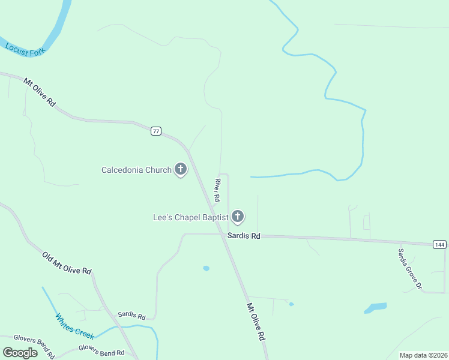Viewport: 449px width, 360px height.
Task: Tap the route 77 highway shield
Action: [156, 131]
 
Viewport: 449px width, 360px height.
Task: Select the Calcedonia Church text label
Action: [136, 170]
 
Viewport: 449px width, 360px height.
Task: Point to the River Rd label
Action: [217, 189]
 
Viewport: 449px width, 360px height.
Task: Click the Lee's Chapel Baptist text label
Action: [191, 217]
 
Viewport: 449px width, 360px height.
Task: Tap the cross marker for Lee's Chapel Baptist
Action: [238, 217]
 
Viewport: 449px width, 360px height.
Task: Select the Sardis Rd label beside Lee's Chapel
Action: [244, 236]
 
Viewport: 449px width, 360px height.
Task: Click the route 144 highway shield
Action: [439, 244]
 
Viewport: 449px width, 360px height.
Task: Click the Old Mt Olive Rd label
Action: [67, 263]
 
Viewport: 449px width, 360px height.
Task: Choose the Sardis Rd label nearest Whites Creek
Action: [131, 316]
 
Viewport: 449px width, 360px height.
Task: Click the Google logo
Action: [20, 353]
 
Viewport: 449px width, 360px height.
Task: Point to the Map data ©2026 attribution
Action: [423, 355]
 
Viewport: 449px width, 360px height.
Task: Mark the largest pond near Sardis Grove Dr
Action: [375, 308]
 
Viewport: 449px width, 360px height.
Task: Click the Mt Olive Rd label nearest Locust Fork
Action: [40, 92]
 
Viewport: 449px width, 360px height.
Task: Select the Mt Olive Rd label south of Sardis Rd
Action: [256, 322]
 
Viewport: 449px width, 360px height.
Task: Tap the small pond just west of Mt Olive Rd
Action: [206, 268]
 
